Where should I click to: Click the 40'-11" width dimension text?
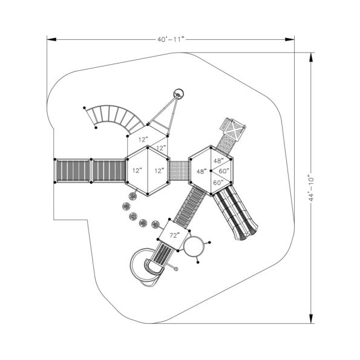170,39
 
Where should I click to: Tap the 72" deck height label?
174,235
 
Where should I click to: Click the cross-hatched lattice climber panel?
234,128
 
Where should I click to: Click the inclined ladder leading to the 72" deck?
189,204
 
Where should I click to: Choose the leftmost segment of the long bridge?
72,170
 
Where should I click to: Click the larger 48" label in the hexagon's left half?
201,171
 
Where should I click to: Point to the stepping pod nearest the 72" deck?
156,223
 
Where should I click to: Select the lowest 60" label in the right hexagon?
218,183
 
